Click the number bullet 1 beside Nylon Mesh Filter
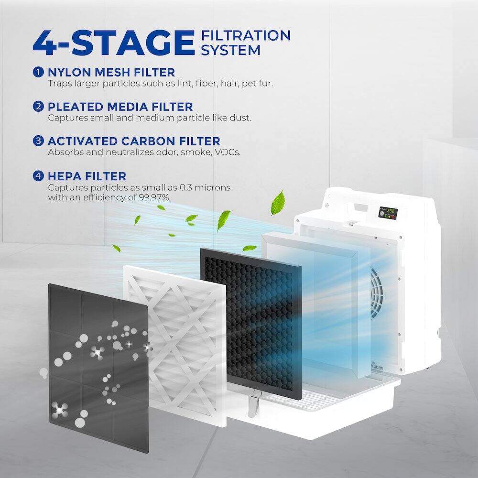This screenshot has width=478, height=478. pyautogui.click(x=39, y=72)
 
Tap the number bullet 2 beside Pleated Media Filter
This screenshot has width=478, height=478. pyautogui.click(x=39, y=107)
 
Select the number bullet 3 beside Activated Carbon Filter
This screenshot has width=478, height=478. pyautogui.click(x=39, y=141)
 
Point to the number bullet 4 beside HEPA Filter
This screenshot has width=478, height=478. pyautogui.click(x=39, y=176)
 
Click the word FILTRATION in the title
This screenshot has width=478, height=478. pyautogui.click(x=246, y=36)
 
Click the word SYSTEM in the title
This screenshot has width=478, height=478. pyautogui.click(x=230, y=50)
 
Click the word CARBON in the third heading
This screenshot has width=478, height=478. pyautogui.click(x=152, y=141)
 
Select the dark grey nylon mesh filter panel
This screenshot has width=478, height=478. pyautogui.click(x=98, y=354)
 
